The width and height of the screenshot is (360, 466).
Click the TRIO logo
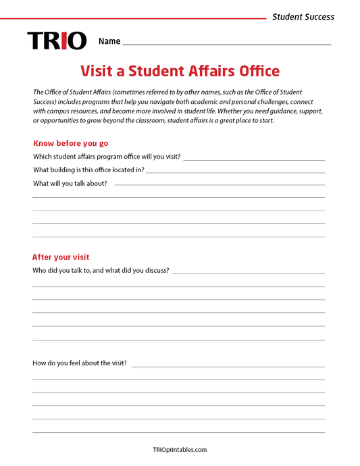pos(57,41)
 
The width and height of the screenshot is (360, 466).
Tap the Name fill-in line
pos(227,43)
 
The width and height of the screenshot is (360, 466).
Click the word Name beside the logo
pos(109,41)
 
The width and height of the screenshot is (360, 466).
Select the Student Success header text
pos(303,17)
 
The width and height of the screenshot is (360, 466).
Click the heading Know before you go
pos(70,143)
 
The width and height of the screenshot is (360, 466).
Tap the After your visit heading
pos(61,257)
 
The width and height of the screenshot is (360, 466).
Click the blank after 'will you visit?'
pos(253,159)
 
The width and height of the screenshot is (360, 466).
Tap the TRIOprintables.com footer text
pos(180,449)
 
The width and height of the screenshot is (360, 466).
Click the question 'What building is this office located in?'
pos(88,170)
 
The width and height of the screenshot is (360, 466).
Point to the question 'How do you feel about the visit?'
pos(80,363)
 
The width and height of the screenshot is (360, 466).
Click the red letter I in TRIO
pos(63,41)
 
